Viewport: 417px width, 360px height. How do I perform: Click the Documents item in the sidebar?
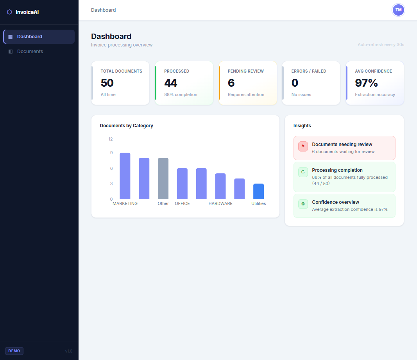point(30,52)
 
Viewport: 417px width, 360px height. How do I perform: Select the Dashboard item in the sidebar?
point(29,37)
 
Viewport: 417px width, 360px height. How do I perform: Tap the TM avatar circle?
point(398,10)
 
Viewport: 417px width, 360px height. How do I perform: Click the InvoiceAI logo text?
point(27,12)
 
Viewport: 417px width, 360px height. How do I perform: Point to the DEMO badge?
point(14,351)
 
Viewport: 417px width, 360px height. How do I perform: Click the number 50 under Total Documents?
point(107,83)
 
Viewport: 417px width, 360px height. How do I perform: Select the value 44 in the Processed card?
point(171,83)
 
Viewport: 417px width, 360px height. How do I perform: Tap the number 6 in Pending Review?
point(231,83)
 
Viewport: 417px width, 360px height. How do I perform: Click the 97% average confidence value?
point(366,83)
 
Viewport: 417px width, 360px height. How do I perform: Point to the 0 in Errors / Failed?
point(295,83)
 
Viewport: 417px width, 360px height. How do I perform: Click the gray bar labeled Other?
point(163,178)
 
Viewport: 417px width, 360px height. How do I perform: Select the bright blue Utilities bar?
point(258,191)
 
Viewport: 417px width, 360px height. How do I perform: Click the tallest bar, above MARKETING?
point(125,176)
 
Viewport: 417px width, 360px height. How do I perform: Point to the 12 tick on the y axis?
point(111,139)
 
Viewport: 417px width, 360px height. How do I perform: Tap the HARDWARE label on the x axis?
point(220,203)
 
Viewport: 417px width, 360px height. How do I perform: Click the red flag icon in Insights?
point(303,146)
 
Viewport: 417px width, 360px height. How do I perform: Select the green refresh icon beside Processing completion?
point(303,172)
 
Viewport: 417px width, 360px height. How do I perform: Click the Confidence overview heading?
point(335,202)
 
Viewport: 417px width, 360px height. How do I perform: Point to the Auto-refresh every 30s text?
point(381,45)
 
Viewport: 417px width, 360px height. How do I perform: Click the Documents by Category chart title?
point(126,126)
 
